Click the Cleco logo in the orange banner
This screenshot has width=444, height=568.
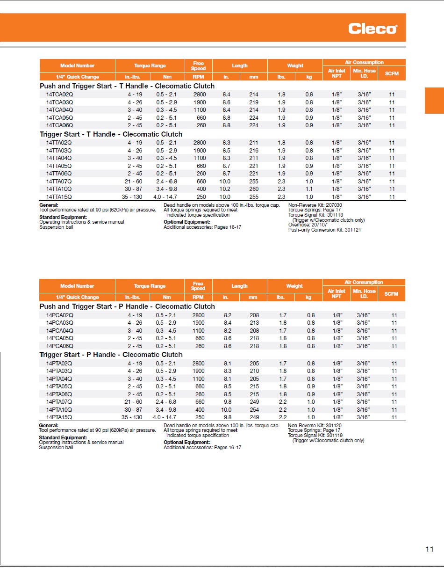[372, 29]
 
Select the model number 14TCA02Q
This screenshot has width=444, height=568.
[59, 95]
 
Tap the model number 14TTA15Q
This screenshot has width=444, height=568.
[59, 197]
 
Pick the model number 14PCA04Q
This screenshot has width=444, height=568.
[59, 331]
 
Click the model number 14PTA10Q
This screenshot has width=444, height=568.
[59, 409]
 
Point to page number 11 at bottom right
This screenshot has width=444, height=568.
[430, 549]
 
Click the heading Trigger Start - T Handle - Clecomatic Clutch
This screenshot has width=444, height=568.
[111, 134]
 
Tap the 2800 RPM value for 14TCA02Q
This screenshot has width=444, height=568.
[199, 95]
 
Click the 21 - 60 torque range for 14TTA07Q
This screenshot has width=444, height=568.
[133, 182]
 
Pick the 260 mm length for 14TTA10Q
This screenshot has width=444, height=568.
[253, 189]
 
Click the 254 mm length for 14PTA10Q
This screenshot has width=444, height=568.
[254, 409]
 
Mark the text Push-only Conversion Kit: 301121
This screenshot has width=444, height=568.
[324, 230]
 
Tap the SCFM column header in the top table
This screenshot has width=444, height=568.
[392, 73]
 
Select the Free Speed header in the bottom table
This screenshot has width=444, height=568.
[198, 286]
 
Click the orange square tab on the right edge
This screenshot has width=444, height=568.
[434, 100]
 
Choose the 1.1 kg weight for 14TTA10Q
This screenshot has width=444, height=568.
[309, 189]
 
